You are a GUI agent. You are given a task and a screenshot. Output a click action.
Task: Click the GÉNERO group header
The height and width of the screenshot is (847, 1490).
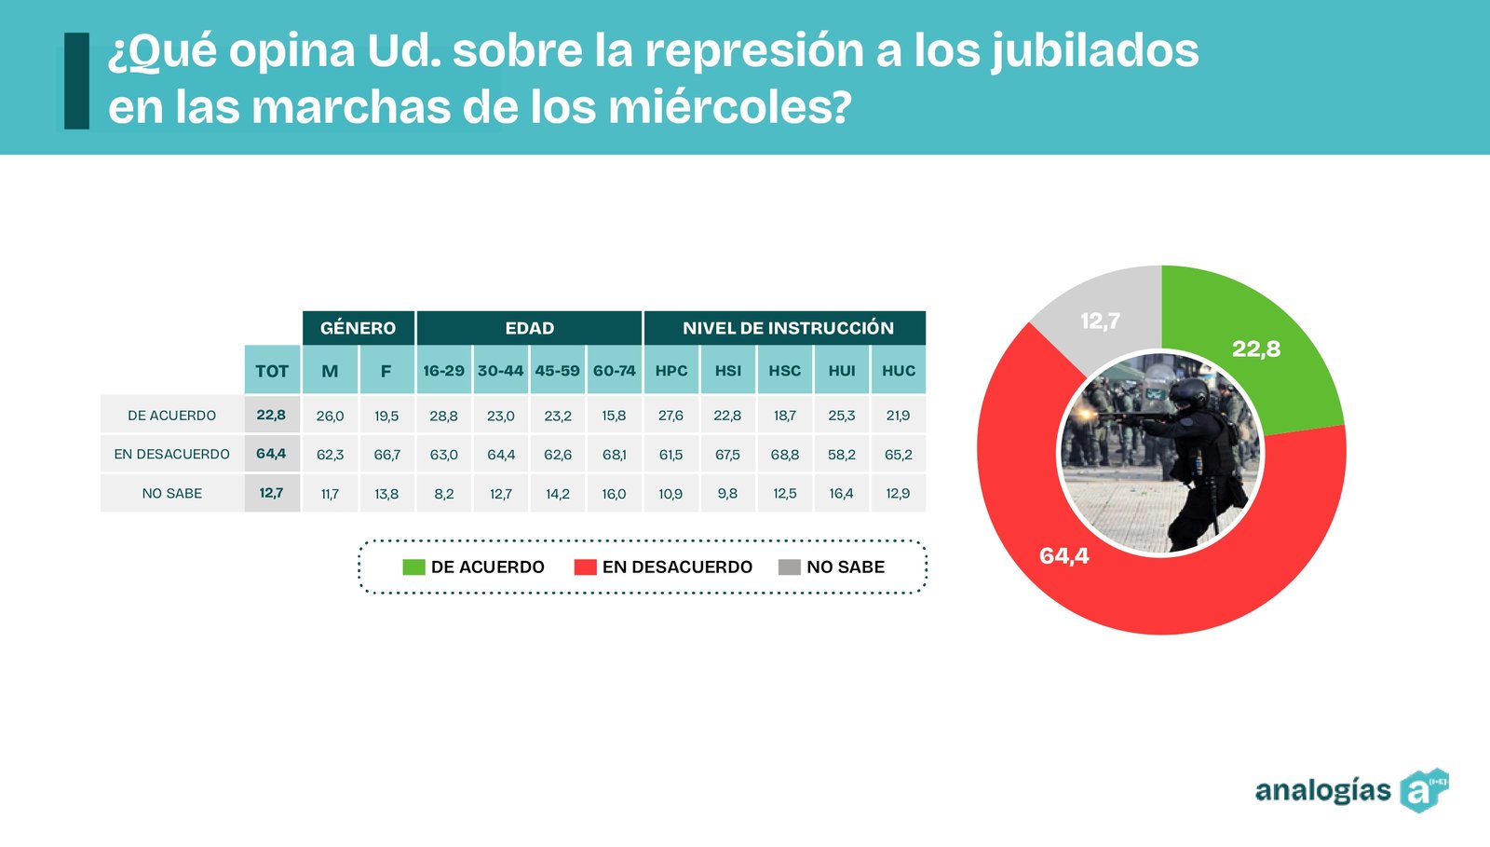[358, 328]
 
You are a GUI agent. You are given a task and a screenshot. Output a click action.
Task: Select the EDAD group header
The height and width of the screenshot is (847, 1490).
[529, 328]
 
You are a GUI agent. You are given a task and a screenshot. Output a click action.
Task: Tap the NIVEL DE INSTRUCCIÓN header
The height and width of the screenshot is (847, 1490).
[787, 328]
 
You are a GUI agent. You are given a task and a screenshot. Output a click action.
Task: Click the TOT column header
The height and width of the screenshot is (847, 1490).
[272, 371]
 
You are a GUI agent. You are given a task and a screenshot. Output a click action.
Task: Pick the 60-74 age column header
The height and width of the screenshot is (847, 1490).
[615, 371]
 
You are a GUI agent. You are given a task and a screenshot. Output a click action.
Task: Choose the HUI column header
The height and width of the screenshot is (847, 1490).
[842, 371]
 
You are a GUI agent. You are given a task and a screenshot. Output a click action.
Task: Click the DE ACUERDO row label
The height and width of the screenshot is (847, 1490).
[171, 416]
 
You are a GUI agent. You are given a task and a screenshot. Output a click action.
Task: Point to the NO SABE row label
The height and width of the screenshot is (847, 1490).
[171, 494]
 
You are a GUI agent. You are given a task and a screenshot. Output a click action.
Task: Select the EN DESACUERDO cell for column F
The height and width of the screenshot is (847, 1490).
[386, 455]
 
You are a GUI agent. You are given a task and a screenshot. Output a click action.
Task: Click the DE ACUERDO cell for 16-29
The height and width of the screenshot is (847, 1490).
[443, 416]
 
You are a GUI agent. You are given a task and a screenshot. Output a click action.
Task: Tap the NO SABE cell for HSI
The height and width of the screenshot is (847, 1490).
[727, 494]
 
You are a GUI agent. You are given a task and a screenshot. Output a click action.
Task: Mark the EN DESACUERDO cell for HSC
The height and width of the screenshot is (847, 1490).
[785, 455]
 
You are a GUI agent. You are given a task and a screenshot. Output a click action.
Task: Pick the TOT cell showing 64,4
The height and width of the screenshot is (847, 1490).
[271, 454]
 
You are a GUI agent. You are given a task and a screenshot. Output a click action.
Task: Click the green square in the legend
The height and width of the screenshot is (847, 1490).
[413, 567]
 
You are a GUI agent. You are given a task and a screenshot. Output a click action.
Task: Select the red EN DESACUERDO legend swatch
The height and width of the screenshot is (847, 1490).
[585, 567]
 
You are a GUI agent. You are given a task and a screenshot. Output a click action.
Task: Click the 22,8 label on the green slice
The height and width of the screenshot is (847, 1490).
[1256, 349]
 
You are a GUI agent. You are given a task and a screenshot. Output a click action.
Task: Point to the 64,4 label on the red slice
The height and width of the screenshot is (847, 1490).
[1063, 556]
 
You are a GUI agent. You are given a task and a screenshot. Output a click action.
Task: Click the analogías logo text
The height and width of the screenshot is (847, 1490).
[1322, 791]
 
